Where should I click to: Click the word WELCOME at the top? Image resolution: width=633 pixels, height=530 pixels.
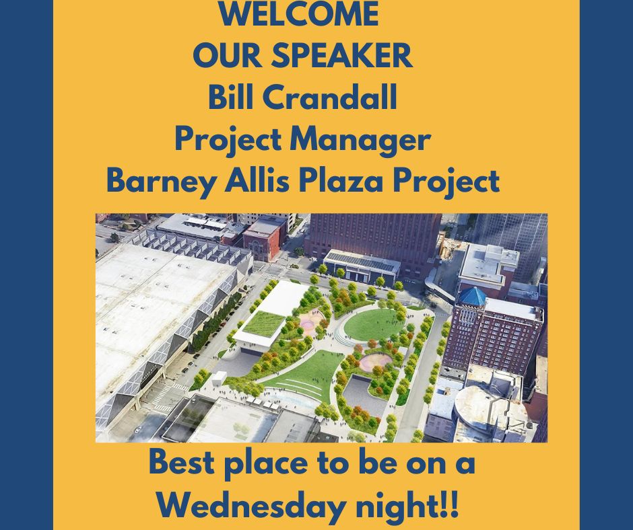point(299,15)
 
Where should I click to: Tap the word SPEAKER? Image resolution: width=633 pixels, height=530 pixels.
point(341,55)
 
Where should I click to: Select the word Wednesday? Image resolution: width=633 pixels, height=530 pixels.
point(251,506)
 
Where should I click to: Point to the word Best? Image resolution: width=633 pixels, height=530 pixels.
point(182,462)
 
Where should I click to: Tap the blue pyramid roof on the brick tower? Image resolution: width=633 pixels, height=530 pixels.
point(472,296)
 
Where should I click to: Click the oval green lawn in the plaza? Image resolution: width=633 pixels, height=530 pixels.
point(374,324)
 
